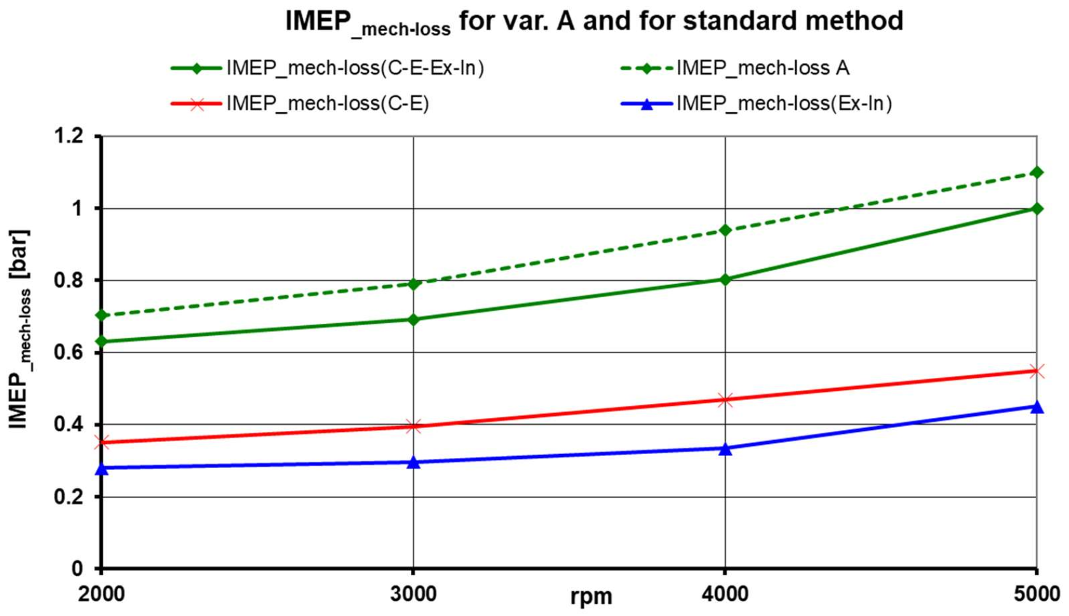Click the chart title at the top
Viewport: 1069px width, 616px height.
click(594, 22)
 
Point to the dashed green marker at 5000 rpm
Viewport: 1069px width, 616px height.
click(1037, 172)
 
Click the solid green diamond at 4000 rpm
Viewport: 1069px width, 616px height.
click(725, 279)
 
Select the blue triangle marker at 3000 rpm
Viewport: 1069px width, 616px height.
click(413, 462)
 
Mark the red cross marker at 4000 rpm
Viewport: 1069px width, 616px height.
click(725, 399)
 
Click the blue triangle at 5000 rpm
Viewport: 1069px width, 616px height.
click(1037, 406)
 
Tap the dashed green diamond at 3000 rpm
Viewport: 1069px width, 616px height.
click(413, 284)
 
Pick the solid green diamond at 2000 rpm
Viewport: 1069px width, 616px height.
click(102, 342)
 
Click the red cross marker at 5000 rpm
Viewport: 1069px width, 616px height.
click(1037, 371)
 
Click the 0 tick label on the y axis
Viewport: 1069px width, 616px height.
click(77, 569)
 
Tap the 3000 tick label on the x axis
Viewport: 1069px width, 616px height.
click(413, 595)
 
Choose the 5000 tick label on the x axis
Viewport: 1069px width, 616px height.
click(1035, 595)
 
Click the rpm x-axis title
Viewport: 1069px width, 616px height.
click(591, 597)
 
